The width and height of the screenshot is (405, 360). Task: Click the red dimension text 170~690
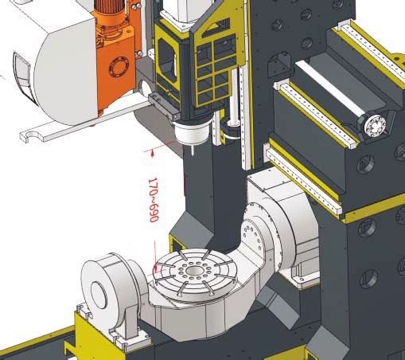click(154, 200)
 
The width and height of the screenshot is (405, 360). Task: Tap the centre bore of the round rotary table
click(193, 271)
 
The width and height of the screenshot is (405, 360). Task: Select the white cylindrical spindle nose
click(192, 132)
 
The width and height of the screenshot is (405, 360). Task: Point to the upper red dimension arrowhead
click(152, 153)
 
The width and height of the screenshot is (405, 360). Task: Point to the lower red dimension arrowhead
click(156, 269)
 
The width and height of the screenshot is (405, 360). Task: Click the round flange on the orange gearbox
click(119, 67)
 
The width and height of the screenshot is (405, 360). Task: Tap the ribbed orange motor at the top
click(110, 10)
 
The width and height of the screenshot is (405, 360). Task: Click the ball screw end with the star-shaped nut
click(375, 125)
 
